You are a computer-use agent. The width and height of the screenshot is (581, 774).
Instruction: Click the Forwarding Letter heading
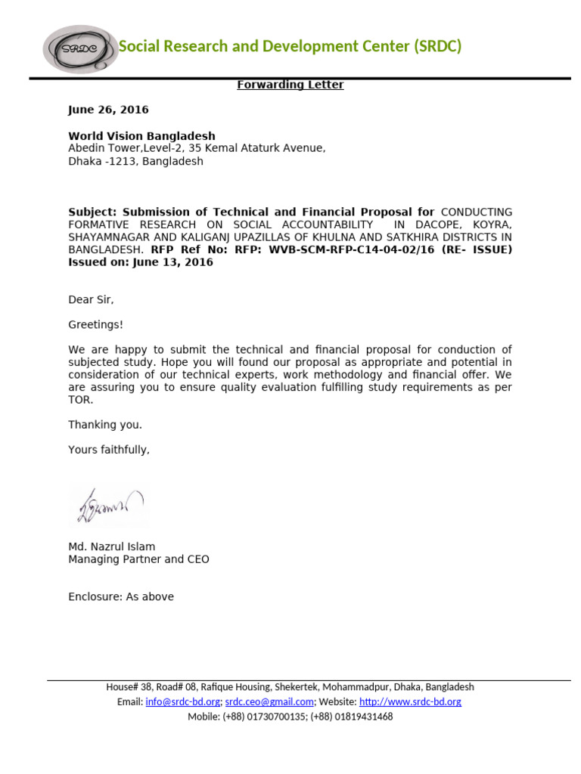coord(290,85)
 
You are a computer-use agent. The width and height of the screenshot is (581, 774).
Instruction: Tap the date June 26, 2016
coord(108,110)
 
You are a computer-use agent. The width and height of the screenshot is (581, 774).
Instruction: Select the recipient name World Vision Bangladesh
coord(141,136)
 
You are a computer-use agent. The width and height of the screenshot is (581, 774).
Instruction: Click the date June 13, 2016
coord(172,262)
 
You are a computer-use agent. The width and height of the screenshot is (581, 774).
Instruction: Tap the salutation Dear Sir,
coord(91,300)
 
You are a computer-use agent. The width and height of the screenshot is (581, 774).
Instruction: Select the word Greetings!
coord(95,325)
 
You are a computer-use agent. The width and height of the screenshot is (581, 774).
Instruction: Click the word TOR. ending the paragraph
coord(81,400)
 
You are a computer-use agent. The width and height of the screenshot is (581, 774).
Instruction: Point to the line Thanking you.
coord(105,425)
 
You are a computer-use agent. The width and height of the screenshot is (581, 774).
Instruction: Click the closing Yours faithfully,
coord(109,450)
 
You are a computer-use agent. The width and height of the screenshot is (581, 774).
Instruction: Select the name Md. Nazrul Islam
coord(112,546)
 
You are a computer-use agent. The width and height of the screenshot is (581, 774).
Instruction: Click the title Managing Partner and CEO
coord(138,559)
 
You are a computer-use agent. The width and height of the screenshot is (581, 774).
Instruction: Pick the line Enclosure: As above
coord(121,597)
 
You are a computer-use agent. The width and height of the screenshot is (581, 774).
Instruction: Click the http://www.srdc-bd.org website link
coord(410,701)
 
